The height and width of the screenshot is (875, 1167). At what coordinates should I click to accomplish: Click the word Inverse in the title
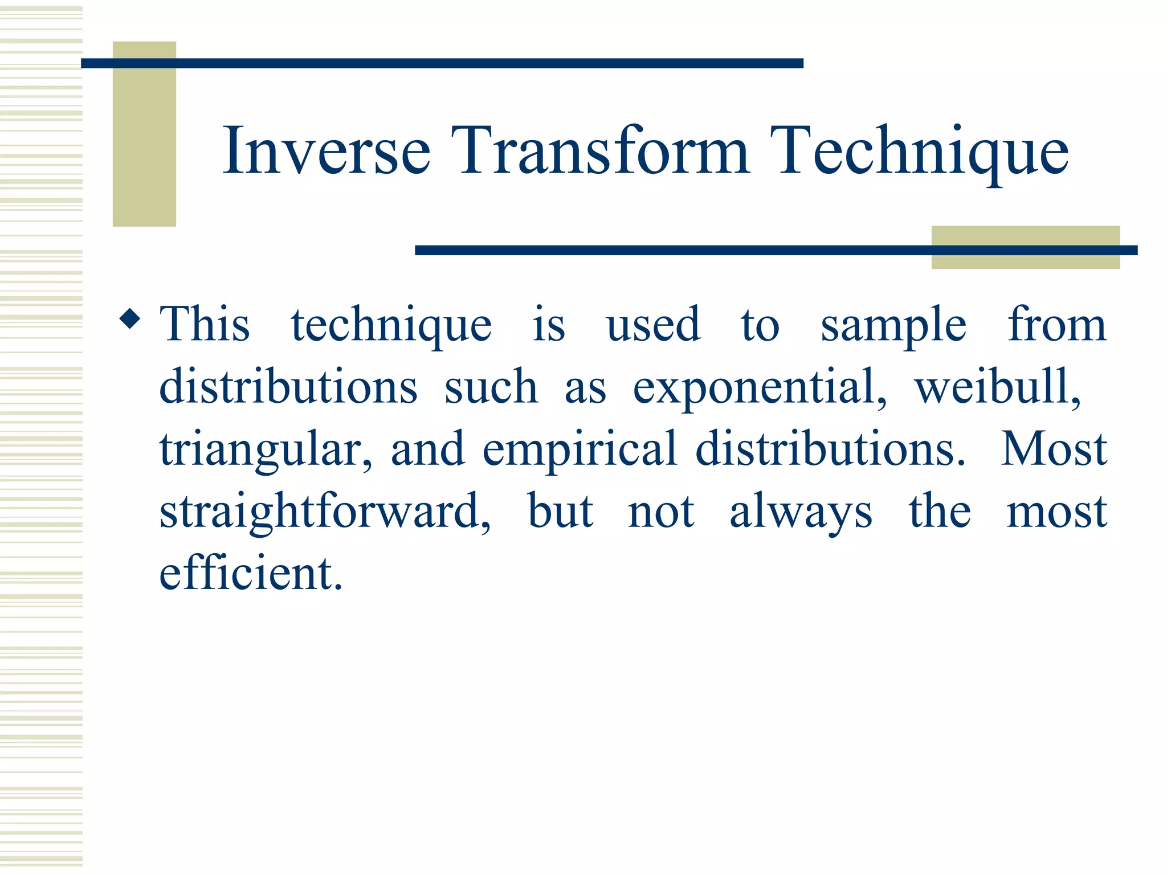pyautogui.click(x=326, y=151)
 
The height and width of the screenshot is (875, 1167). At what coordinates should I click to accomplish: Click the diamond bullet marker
pyautogui.click(x=130, y=319)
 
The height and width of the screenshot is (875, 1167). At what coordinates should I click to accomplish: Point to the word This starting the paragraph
pyautogui.click(x=205, y=325)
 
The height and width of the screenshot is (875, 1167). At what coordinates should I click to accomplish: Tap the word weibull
pyautogui.click(x=997, y=387)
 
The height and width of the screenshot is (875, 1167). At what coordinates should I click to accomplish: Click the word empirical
pyautogui.click(x=579, y=450)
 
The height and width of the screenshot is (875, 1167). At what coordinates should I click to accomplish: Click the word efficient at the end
pyautogui.click(x=251, y=574)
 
